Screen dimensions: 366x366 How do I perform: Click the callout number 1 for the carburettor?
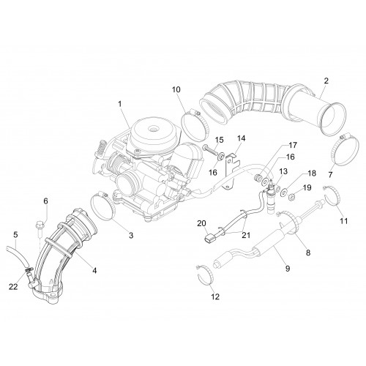(x=119, y=104)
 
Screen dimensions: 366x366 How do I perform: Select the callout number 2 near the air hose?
(x=326, y=81)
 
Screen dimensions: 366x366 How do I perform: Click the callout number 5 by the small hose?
(x=15, y=235)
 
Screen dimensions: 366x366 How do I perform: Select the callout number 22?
(x=13, y=287)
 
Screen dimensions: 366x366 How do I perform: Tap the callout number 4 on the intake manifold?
(x=94, y=270)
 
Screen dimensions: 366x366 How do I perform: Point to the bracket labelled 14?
(x=231, y=171)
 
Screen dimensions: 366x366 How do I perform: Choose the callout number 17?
(x=293, y=145)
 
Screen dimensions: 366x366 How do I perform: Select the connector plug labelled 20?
(x=208, y=239)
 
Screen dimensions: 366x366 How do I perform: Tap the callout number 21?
(x=246, y=235)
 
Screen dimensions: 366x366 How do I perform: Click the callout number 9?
(x=288, y=269)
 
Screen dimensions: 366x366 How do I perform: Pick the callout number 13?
(x=283, y=171)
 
